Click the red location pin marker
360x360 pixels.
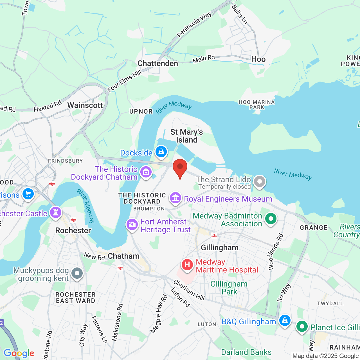pos(180,168)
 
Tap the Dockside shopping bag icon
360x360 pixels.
pos(161,152)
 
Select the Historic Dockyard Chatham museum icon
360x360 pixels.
pos(146,172)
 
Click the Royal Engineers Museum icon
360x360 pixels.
pos(175,198)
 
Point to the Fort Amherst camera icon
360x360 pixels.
pos(132,224)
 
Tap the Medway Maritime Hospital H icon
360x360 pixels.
pos(187,265)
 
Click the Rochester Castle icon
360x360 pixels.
pos(56,212)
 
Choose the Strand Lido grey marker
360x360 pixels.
pos(259,181)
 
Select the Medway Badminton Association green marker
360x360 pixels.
pos(271,219)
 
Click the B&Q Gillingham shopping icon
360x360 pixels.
pos(285,320)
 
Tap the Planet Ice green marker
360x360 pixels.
pos(302,327)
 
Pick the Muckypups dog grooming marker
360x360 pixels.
pos(77,273)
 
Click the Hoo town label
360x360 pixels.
pos(258,59)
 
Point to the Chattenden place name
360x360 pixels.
pos(158,64)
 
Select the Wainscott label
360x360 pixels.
pos(85,105)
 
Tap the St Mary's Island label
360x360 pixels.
pos(186,136)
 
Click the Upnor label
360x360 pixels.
pos(141,112)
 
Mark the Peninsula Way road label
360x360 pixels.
pos(194,25)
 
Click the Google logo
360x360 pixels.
pos(19,353)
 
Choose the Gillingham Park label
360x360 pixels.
pos(229,288)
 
